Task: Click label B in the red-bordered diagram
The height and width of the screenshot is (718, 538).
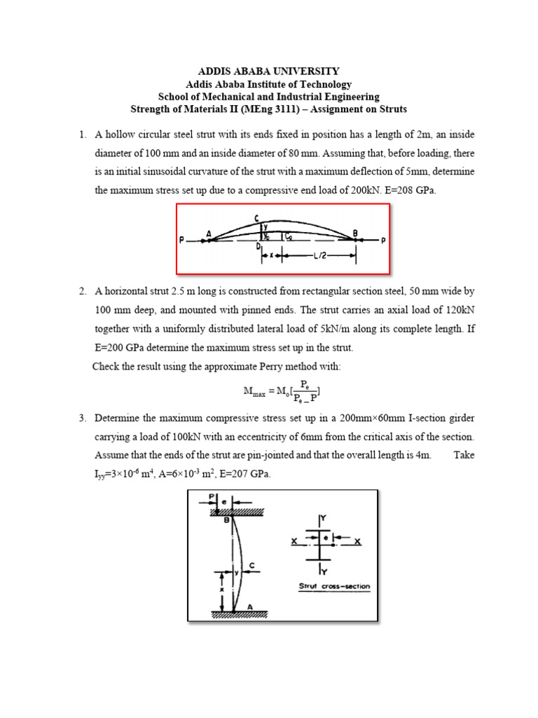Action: tap(356, 233)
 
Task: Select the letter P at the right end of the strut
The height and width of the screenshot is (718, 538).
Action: tap(382, 241)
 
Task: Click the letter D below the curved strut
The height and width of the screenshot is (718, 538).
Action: tap(258, 247)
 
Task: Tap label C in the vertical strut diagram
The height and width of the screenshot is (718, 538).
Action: tap(251, 565)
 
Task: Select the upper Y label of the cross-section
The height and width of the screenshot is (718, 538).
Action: tap(324, 520)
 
